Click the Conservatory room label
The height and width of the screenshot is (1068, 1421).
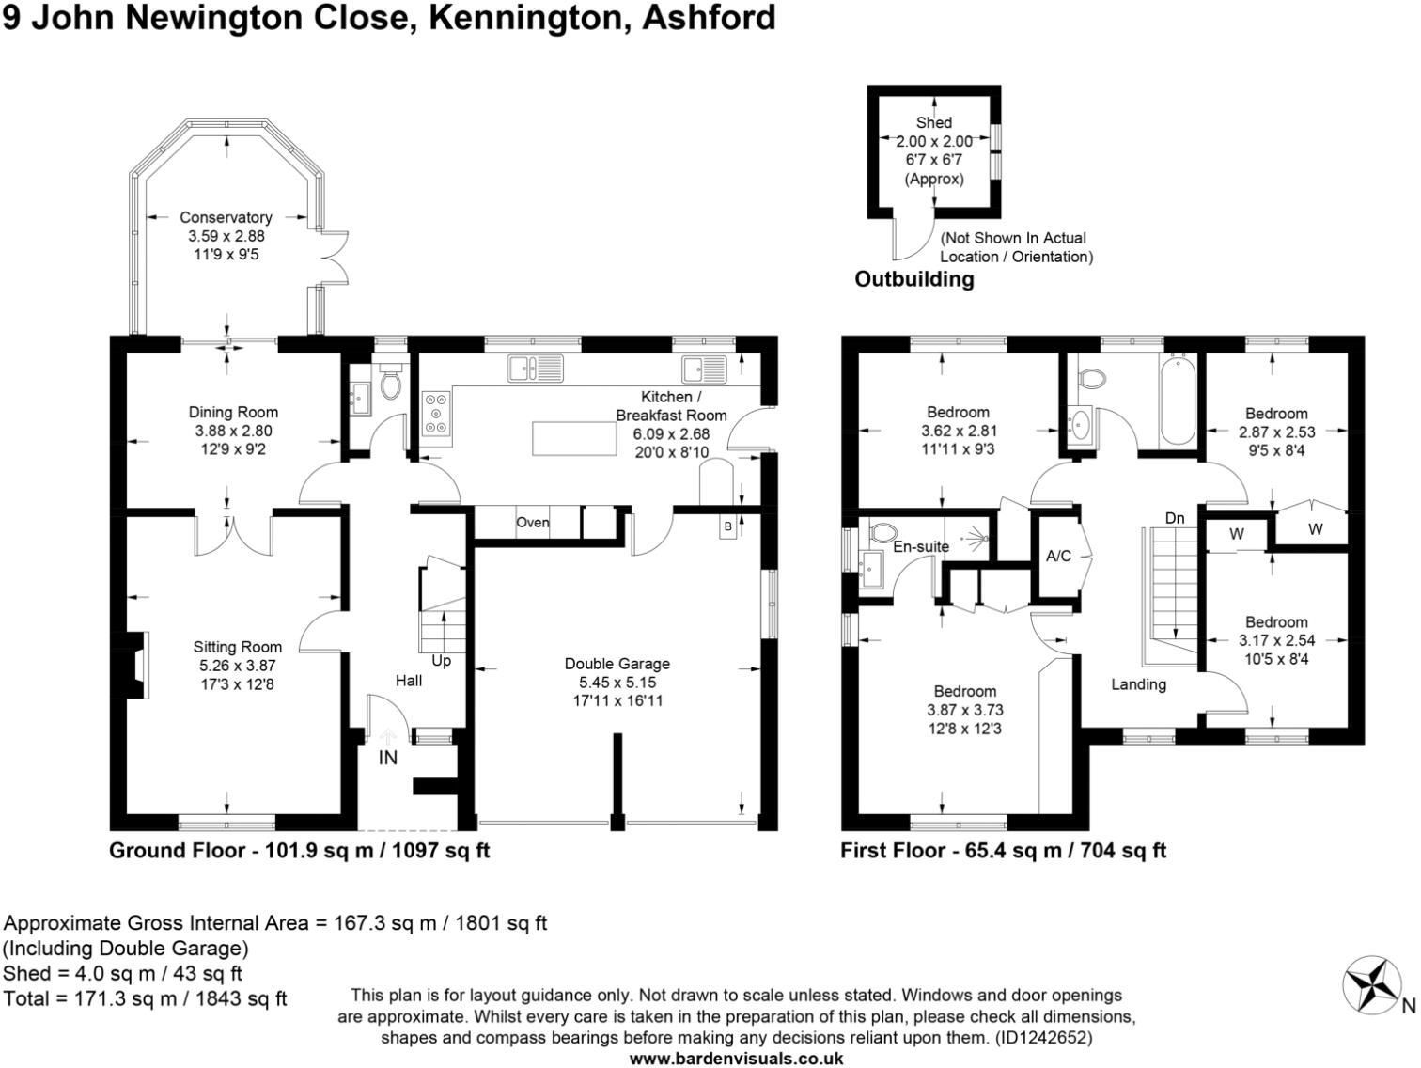[226, 217]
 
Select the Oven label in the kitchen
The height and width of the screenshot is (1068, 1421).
[533, 523]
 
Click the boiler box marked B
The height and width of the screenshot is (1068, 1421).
[727, 526]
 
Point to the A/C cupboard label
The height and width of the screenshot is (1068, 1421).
[1058, 556]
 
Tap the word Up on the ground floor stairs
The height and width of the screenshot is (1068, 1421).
[441, 661]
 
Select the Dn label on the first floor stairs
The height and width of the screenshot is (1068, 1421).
[1175, 518]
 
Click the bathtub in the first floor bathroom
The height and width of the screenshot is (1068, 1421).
[1178, 400]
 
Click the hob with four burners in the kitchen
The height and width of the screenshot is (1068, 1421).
[435, 413]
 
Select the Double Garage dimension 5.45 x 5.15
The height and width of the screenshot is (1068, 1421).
[617, 682]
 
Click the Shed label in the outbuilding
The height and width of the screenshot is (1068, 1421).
[933, 122]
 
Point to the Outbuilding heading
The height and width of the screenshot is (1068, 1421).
[913, 279]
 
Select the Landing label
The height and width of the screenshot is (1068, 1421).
[1138, 684]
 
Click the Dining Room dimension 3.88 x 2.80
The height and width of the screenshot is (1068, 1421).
[233, 431]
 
